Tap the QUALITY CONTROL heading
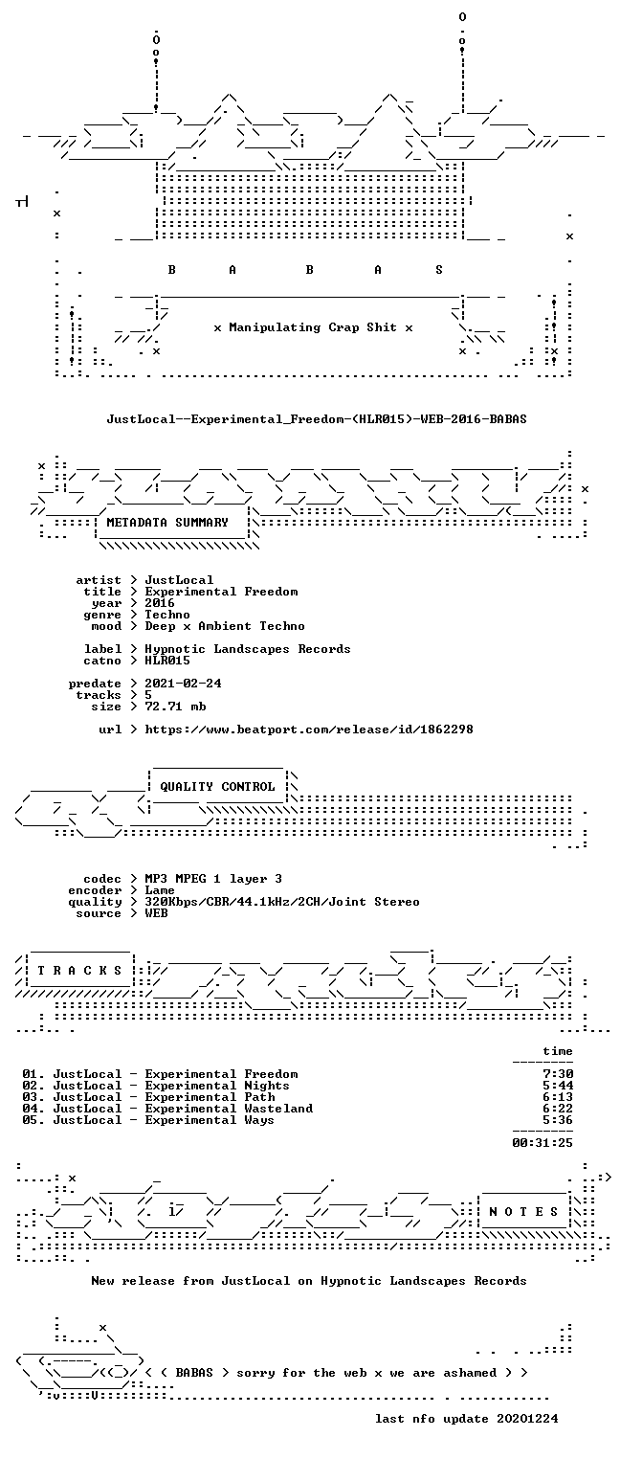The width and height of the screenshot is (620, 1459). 217,787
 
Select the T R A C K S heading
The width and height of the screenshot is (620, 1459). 79,971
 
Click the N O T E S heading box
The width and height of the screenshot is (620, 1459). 524,1211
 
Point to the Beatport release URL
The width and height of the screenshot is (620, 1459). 309,729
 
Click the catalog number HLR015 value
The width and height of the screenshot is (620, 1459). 167,661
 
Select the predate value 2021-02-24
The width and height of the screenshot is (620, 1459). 183,684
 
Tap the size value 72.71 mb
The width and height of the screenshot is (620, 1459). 175,707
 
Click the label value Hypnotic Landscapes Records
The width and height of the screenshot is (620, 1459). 248,649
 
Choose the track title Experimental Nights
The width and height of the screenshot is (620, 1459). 217,1086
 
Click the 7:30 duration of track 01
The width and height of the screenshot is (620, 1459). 558,1074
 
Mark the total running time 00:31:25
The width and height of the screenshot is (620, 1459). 542,1142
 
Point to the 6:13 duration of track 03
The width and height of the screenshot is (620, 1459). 558,1097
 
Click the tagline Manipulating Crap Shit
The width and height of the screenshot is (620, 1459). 313,327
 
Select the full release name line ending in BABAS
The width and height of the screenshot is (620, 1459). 317,419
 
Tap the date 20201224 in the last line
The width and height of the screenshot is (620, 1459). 527,1419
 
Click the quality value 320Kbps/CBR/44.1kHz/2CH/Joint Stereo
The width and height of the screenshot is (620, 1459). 282,902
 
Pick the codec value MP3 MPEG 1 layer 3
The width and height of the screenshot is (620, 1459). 213,879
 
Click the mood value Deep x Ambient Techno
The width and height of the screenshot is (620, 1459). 225,627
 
